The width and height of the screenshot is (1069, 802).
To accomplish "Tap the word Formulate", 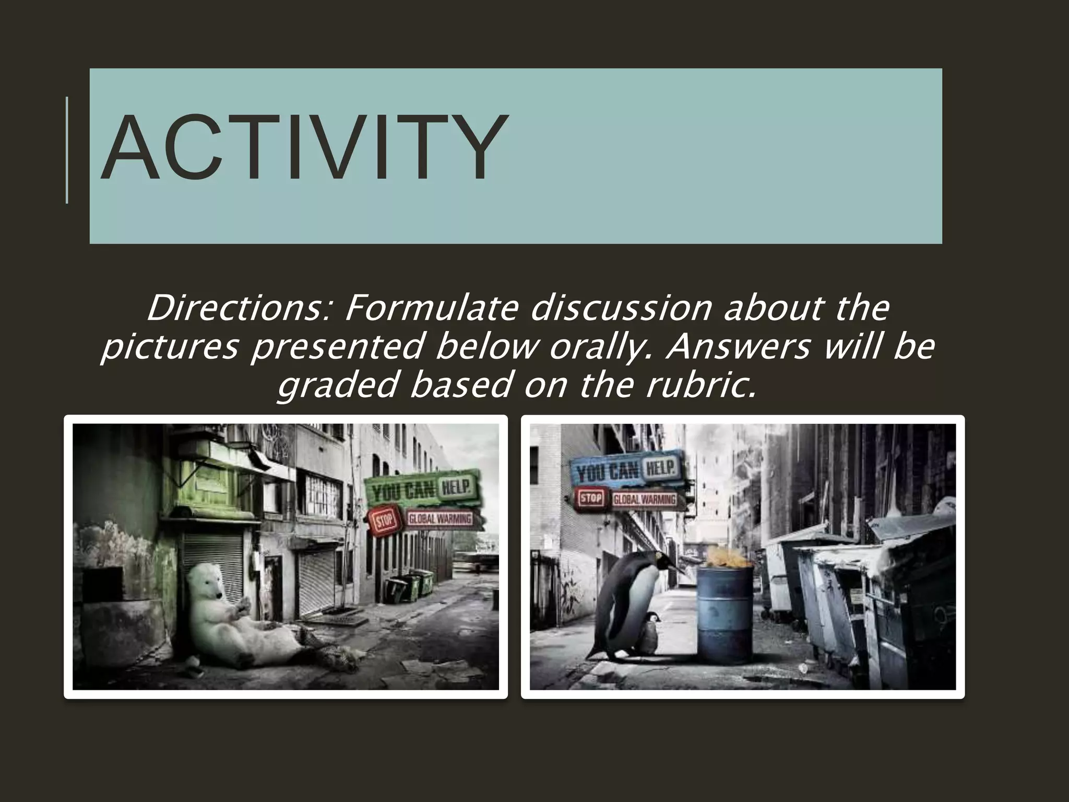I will coord(431,308).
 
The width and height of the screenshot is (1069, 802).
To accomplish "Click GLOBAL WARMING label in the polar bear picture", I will coord(440,520).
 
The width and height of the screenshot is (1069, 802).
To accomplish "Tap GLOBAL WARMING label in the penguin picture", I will coord(644,499).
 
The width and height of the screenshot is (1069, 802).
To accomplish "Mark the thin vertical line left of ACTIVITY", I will coord(67,150).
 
